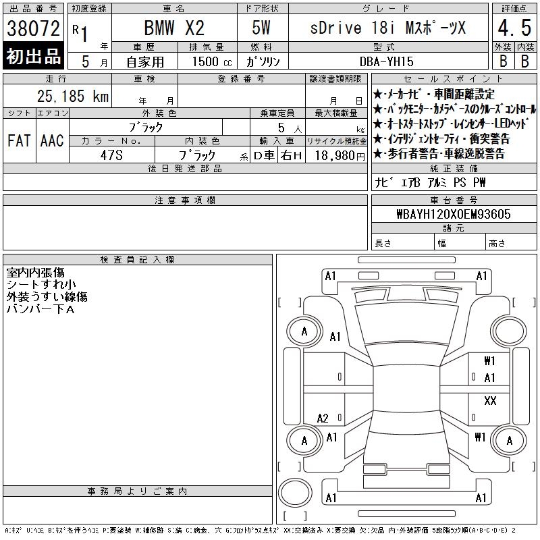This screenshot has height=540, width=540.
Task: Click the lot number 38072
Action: tap(33, 28)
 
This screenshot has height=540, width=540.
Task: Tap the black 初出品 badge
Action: tap(33, 55)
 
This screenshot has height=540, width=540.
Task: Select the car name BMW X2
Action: tap(174, 28)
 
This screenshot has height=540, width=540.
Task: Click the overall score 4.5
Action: tap(514, 28)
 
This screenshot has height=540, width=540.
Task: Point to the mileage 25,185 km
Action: tap(73, 96)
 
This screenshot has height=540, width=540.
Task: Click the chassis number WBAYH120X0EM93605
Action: tap(454, 214)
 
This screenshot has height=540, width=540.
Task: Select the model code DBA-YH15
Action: tap(386, 61)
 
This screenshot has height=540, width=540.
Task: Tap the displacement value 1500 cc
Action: tap(212, 61)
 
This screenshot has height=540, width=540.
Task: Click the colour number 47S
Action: tap(111, 155)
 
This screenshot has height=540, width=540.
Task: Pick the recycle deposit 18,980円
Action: tap(340, 156)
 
